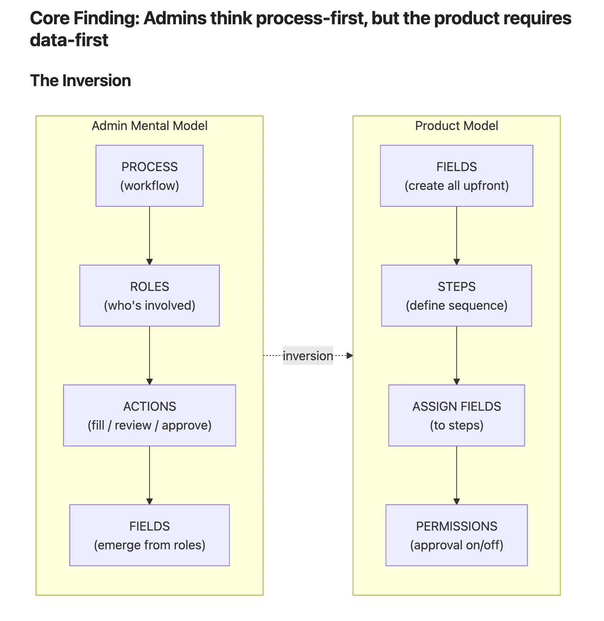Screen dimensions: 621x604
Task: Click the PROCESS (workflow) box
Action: click(149, 176)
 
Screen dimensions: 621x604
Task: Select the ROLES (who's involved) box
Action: click(149, 296)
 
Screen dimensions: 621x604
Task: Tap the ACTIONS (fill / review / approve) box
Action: click(149, 415)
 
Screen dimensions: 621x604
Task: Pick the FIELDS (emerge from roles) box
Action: click(149, 535)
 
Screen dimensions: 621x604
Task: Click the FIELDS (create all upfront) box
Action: click(456, 176)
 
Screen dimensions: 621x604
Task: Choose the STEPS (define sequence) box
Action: click(456, 296)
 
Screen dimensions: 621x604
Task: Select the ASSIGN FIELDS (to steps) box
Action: click(456, 415)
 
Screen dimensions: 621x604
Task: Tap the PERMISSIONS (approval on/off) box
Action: click(456, 535)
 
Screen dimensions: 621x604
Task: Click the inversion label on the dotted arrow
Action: click(308, 356)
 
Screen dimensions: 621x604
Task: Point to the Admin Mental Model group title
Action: click(149, 126)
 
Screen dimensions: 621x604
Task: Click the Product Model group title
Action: click(456, 126)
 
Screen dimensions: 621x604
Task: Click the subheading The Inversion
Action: click(80, 81)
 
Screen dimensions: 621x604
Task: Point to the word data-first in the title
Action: click(69, 40)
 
